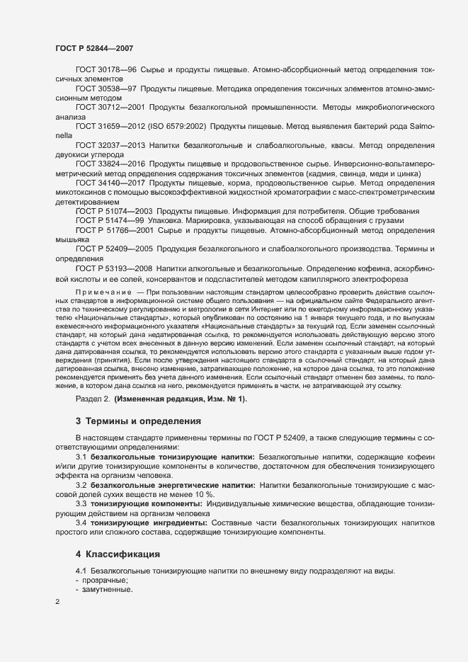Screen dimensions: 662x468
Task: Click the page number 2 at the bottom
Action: coord(57,603)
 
